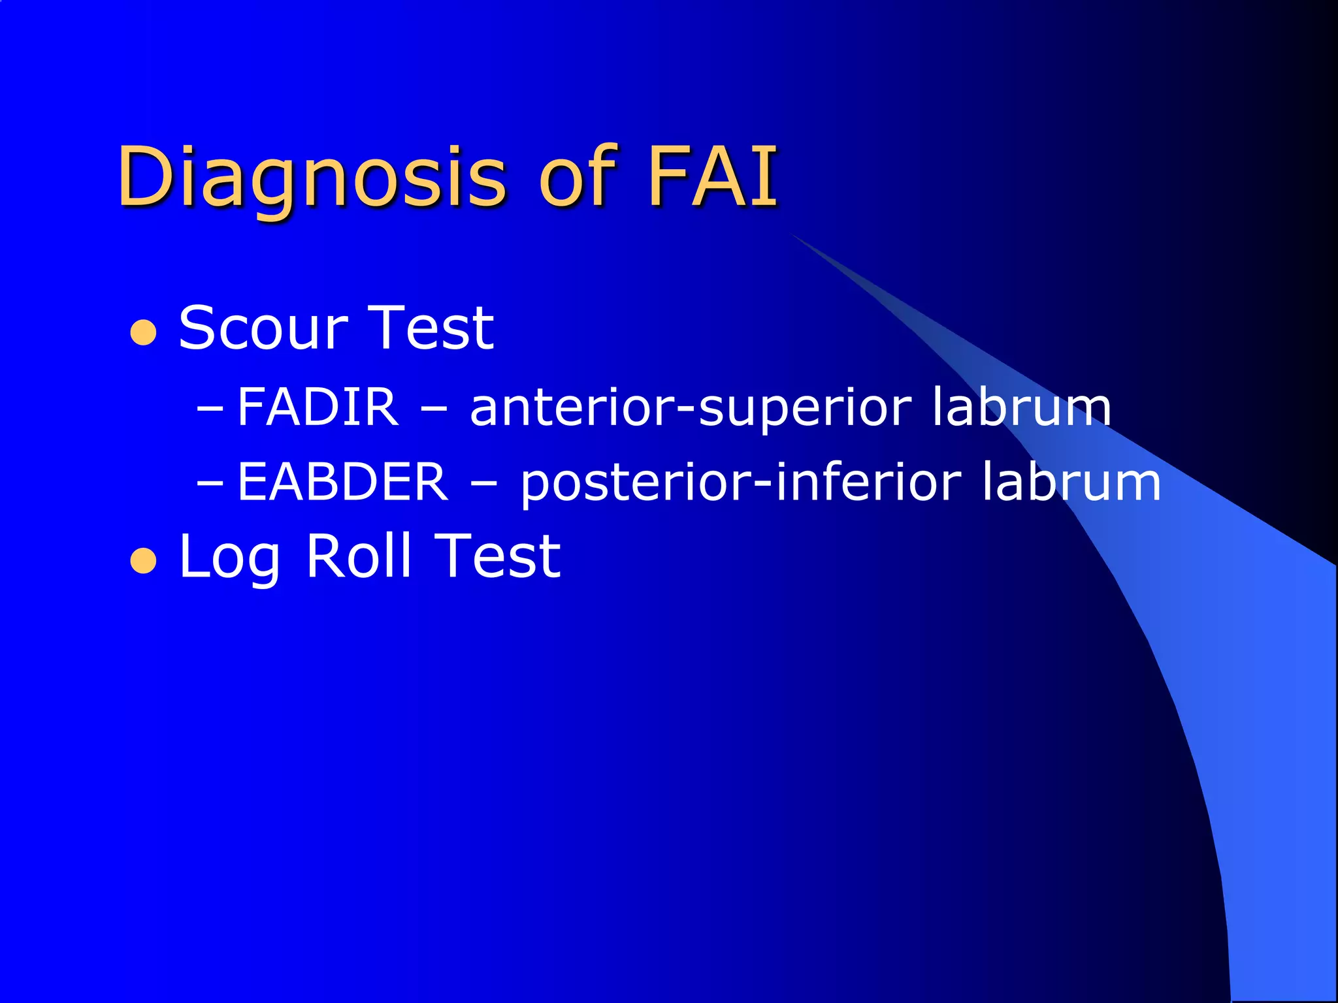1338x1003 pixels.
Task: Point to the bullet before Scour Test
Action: point(144,333)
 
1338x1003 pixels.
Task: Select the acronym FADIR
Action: point(318,407)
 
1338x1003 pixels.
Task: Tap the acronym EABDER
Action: point(342,482)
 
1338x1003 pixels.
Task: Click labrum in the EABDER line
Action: point(1071,482)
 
